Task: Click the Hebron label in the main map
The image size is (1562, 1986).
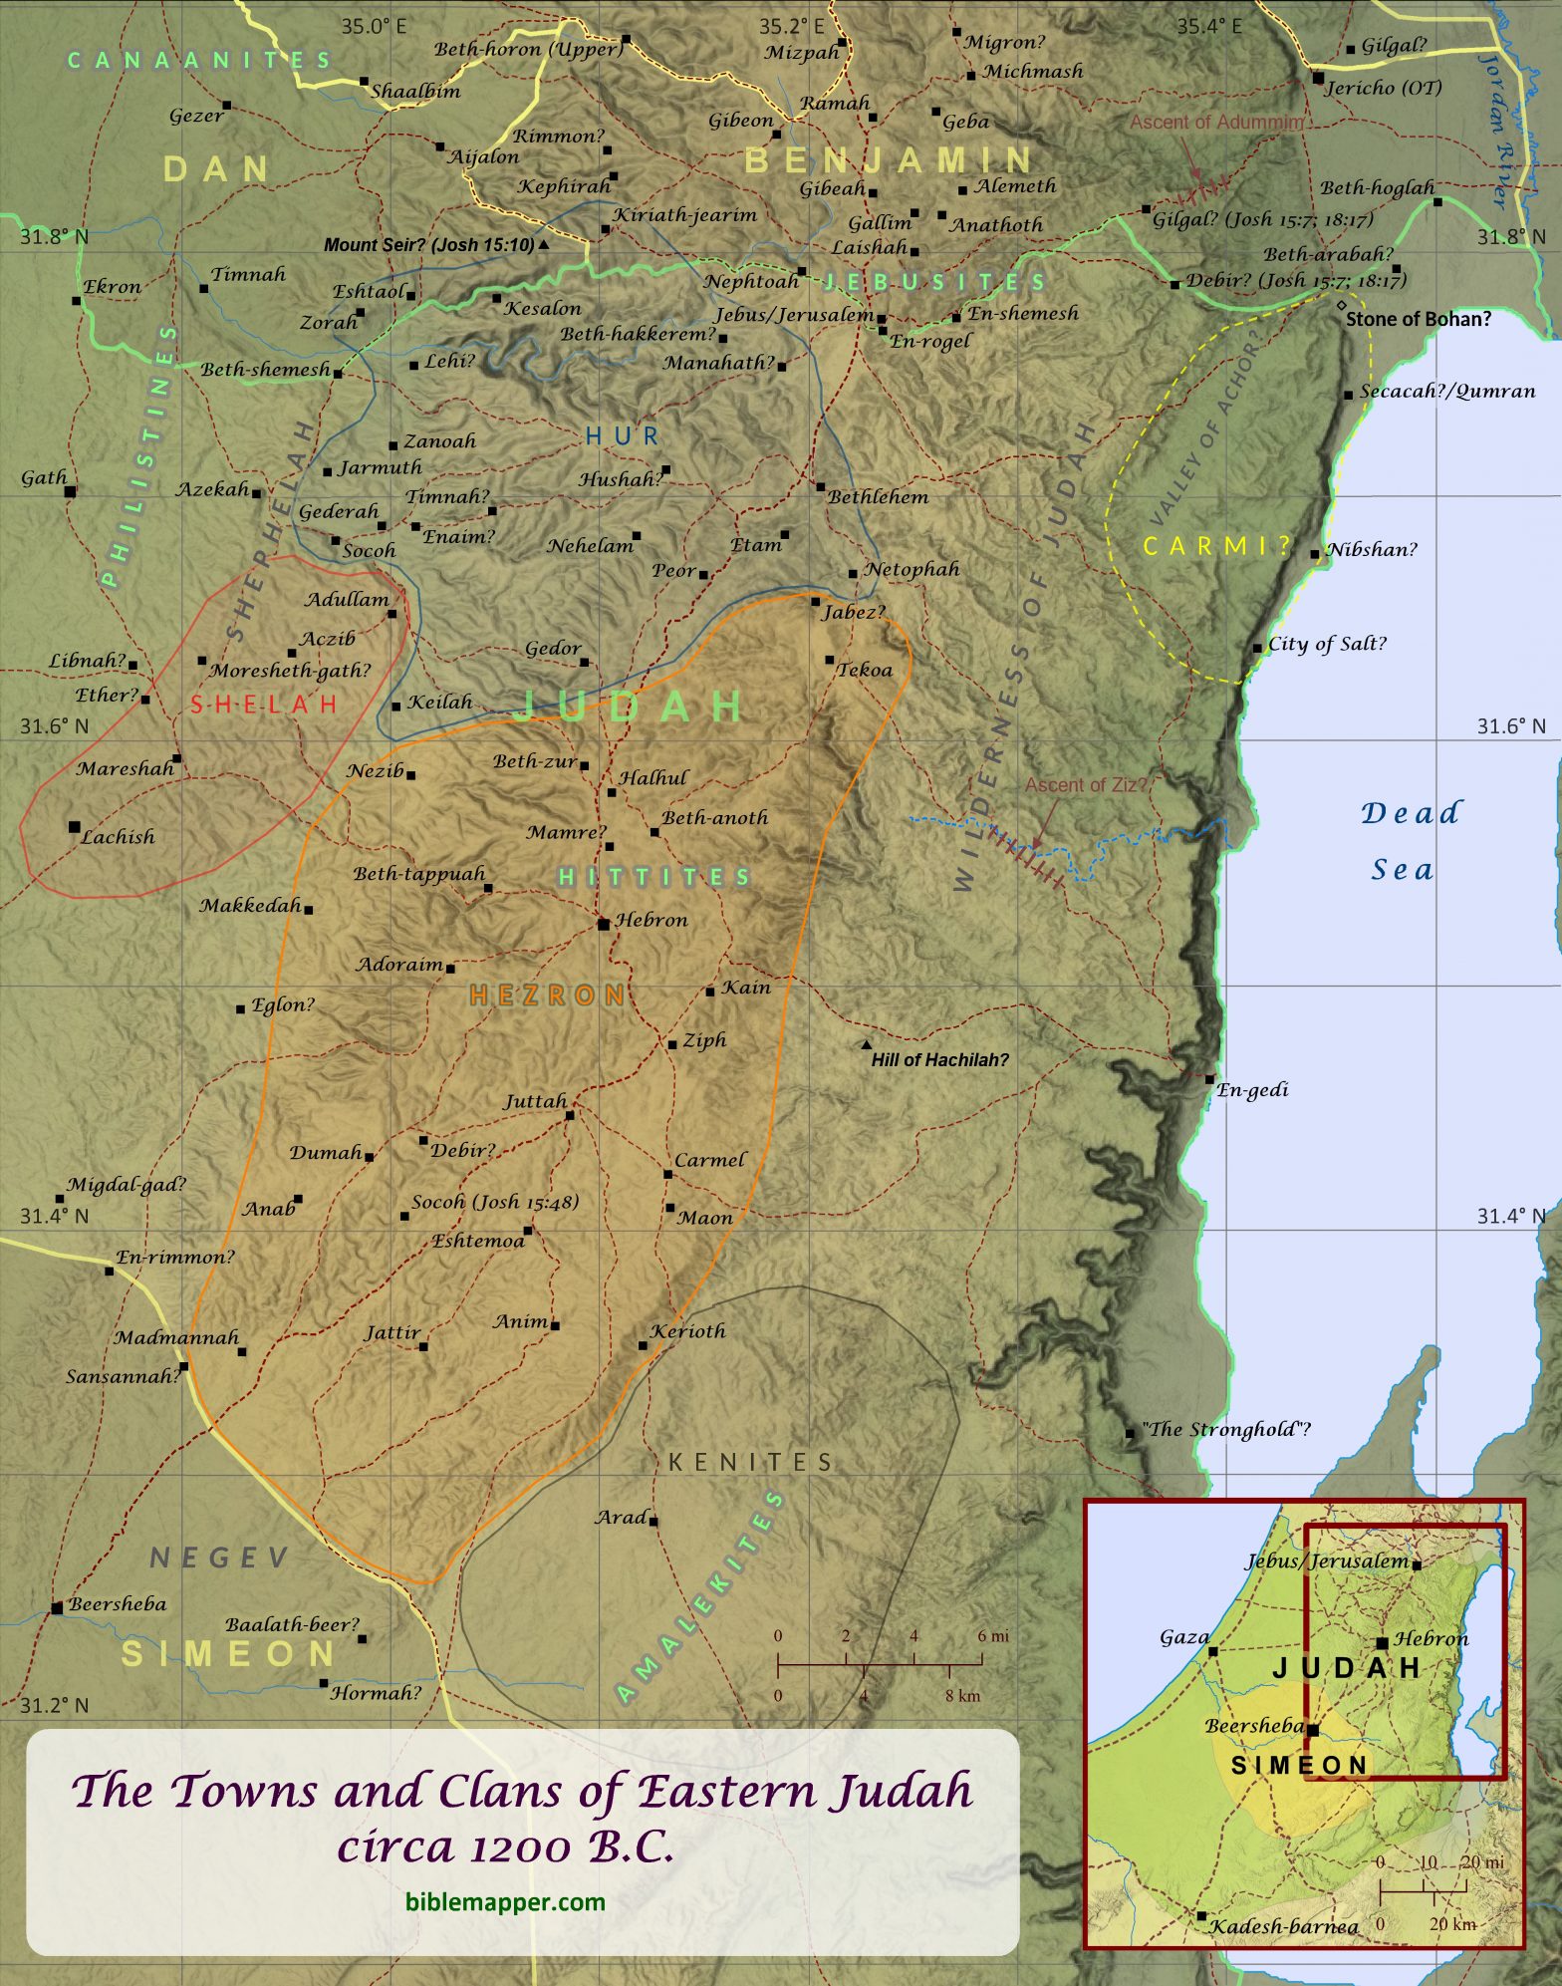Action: (651, 920)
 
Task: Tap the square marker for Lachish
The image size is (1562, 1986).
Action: (75, 827)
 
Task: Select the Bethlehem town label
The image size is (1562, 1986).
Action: (879, 496)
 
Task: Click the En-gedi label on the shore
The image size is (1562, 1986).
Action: (1253, 1090)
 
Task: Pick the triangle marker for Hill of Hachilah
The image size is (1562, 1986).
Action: (867, 1045)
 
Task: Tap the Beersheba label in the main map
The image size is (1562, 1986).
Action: (118, 1604)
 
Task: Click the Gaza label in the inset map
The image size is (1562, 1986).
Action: (1184, 1636)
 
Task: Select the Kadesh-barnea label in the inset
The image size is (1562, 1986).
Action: (1284, 1926)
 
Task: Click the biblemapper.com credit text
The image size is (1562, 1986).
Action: (505, 1901)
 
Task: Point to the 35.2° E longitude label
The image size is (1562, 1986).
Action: (792, 26)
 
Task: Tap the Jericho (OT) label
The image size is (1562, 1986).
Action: (1384, 88)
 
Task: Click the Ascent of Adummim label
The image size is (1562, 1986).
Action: (1216, 122)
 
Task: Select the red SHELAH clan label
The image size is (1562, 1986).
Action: (264, 705)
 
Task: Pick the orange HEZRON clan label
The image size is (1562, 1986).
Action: (547, 994)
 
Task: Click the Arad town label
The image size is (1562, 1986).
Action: (622, 1518)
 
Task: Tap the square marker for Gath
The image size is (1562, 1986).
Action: (71, 490)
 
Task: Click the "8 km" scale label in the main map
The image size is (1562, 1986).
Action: (963, 1696)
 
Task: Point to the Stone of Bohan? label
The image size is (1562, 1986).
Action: (1418, 319)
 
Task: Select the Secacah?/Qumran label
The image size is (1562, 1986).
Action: (1447, 392)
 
